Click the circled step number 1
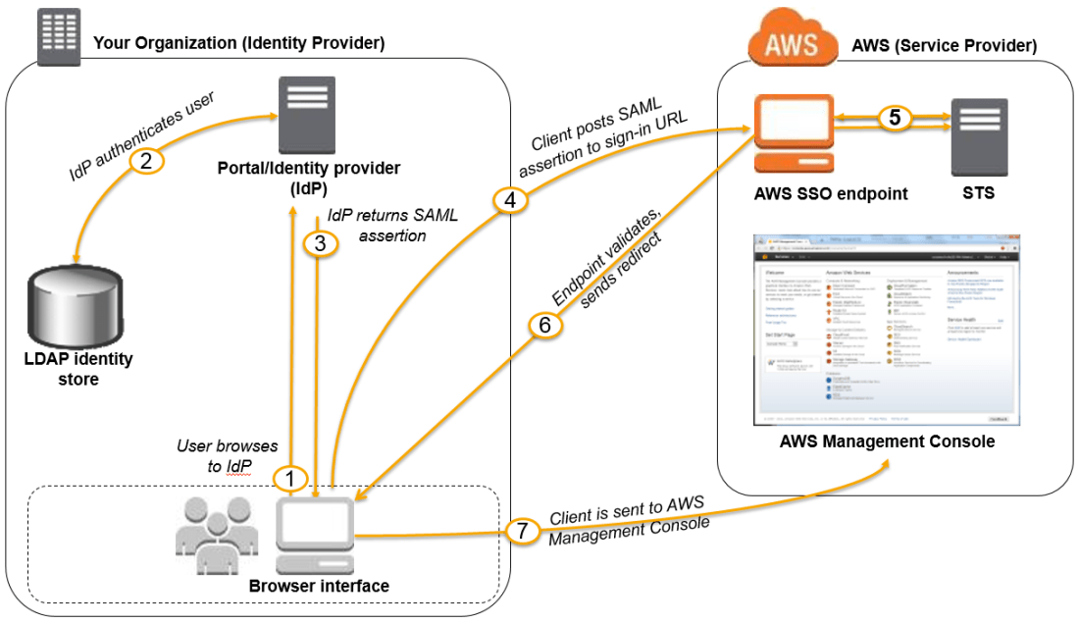coord(290,479)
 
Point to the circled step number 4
coord(509,201)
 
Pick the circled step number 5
coord(894,117)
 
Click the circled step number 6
coord(545,325)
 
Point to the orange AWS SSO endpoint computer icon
coord(793,133)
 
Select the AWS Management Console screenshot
coord(886,329)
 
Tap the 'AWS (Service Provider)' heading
coord(944,45)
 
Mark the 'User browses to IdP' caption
coord(227,456)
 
